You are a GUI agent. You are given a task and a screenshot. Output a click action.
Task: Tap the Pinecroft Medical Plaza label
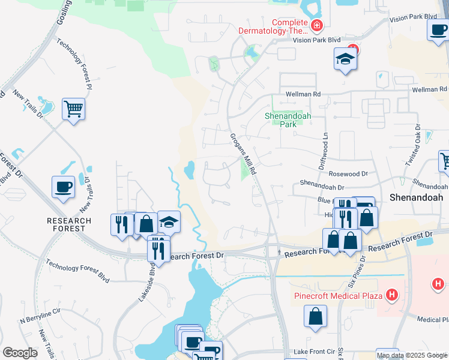339,296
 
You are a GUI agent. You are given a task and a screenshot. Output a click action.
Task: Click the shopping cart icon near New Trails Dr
74,109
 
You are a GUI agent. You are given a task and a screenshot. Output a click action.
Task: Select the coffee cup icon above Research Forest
64,187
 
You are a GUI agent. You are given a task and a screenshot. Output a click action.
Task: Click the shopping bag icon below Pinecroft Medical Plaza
315,316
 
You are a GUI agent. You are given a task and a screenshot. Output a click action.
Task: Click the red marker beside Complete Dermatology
316,26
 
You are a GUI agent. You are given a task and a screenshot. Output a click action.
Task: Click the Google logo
20,353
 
